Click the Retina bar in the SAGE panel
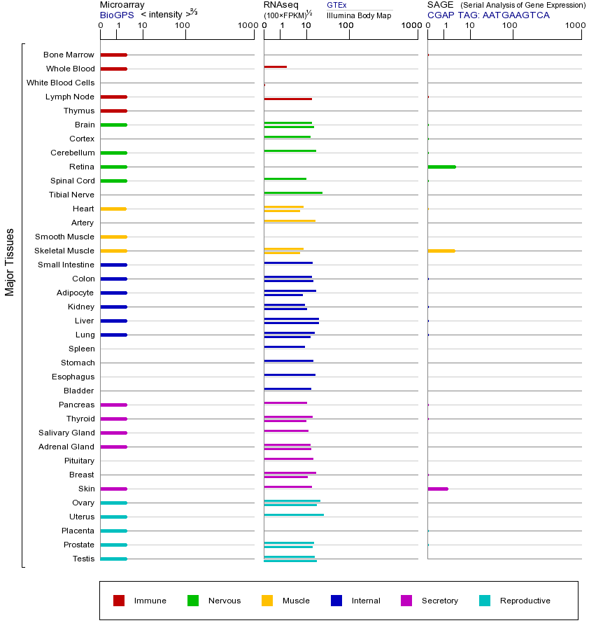coord(441,167)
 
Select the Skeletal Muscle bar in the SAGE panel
coord(441,251)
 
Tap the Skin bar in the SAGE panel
coord(437,489)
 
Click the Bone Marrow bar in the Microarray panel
coord(113,55)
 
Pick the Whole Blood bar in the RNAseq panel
coord(275,67)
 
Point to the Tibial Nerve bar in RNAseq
coord(293,192)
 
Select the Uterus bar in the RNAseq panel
coord(294,514)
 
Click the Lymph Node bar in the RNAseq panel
coord(288,99)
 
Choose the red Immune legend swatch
coord(119,601)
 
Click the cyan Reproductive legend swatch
coord(485,601)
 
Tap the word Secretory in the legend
coord(439,601)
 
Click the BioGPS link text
coord(116,15)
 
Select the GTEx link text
coord(336,5)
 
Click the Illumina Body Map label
coord(359,15)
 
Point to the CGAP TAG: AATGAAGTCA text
coord(488,15)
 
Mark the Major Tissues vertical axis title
coord(10,262)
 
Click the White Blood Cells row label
coord(60,83)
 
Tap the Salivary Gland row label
coord(66,433)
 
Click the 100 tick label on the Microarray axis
coord(183,26)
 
